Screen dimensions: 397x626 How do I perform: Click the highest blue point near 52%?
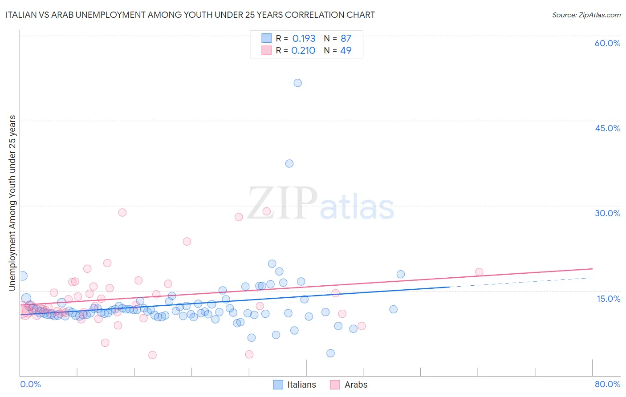pos(298,83)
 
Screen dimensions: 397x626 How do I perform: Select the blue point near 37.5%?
pos(289,163)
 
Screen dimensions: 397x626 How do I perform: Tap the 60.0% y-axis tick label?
pos(607,43)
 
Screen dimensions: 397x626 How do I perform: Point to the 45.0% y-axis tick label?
pos(607,128)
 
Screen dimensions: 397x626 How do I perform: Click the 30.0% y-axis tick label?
pos(607,213)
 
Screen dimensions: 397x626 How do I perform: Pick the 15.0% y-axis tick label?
pos(608,298)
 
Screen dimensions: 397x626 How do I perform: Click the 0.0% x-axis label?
pos(30,384)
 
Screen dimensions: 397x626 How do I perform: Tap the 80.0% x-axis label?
pos(607,384)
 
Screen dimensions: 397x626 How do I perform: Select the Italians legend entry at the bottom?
pos(295,385)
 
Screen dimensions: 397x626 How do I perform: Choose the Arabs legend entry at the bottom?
pos(349,385)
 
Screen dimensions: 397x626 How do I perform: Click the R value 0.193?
pos(304,38)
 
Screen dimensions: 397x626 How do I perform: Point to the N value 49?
pos(346,50)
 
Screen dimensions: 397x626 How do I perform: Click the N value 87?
pos(346,38)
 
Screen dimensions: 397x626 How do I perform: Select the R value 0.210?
pos(303,50)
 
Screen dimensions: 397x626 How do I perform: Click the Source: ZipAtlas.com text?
pos(586,15)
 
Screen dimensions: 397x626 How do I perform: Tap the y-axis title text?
pos(12,203)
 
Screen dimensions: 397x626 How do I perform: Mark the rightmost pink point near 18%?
pos(479,272)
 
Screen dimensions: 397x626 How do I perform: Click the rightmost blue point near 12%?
pos(394,309)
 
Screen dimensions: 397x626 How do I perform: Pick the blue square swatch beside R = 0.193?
pos(266,38)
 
